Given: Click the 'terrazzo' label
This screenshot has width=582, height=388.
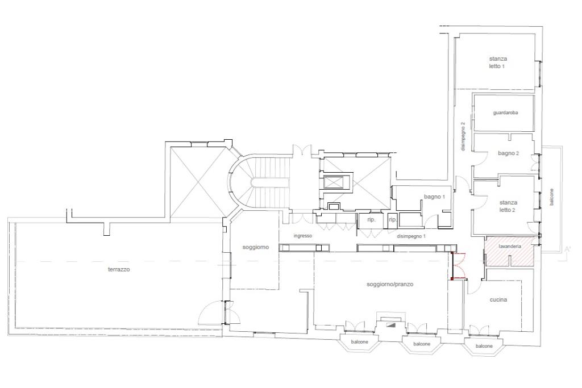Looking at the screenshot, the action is [x=119, y=269].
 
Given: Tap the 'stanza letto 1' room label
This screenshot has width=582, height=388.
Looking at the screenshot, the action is [x=497, y=62].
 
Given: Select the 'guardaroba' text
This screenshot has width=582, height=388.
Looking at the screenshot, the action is [x=505, y=112].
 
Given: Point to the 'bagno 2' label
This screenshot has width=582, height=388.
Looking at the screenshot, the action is [x=508, y=153].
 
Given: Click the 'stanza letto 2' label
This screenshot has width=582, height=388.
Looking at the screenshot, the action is [x=508, y=206].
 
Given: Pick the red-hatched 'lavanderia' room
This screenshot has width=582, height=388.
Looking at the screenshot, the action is [x=509, y=251].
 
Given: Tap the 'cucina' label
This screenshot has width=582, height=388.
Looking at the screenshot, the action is [x=498, y=299].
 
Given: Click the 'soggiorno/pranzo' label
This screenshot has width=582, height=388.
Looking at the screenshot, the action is [x=390, y=284].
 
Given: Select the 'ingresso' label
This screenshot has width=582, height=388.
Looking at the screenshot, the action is [x=302, y=236].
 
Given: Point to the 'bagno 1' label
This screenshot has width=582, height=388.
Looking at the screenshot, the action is [x=434, y=197].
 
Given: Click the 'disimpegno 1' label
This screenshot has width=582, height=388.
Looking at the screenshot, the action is [x=411, y=236].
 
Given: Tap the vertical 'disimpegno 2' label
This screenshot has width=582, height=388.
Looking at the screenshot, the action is [x=463, y=136].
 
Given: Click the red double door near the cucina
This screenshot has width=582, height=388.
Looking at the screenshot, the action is [x=459, y=265].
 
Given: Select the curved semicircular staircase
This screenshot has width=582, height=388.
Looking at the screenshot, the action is [x=259, y=182].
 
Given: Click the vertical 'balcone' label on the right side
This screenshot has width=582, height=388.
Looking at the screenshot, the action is [x=551, y=197].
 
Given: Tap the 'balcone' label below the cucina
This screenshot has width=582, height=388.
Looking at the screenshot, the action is [x=484, y=346].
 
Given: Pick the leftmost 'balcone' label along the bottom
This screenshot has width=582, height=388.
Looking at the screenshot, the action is [x=359, y=341].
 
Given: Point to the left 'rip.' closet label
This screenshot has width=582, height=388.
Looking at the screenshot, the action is [x=371, y=220].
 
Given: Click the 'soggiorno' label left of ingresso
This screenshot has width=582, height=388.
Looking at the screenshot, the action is [x=255, y=247].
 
